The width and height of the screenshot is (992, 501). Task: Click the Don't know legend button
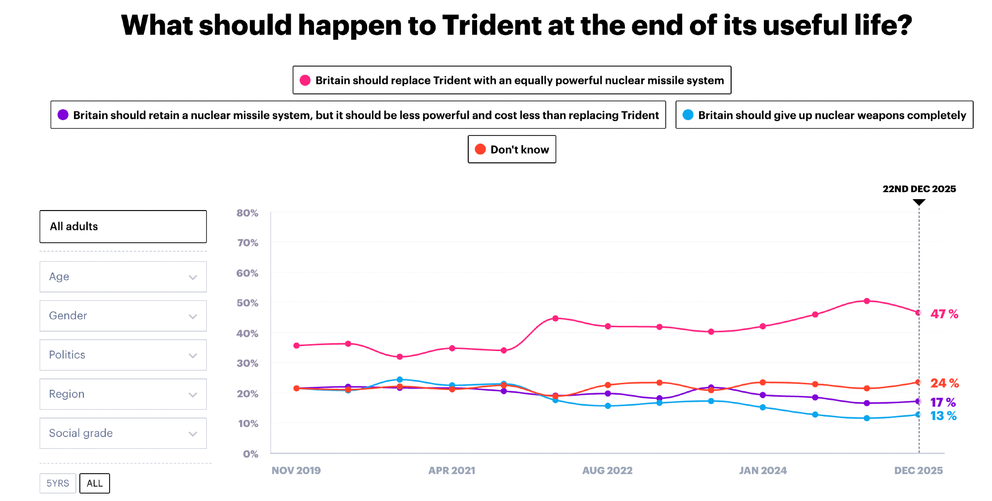(x=512, y=149)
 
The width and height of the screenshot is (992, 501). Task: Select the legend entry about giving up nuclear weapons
(x=824, y=115)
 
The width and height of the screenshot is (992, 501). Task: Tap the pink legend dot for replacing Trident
(x=305, y=80)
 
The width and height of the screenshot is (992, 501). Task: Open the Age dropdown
(x=123, y=277)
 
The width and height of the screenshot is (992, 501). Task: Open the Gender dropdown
(x=123, y=316)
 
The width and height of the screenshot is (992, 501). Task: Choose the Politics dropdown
(x=123, y=355)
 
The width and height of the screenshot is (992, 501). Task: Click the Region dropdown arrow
(x=193, y=395)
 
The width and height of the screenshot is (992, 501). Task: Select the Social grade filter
(x=123, y=433)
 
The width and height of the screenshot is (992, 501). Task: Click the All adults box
(x=123, y=226)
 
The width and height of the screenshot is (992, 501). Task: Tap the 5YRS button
(x=58, y=483)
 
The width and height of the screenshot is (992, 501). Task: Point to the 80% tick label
(x=247, y=213)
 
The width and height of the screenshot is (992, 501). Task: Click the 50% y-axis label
(x=247, y=303)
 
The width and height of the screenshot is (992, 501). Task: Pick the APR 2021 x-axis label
(x=451, y=470)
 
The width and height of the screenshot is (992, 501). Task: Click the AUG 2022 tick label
(x=607, y=470)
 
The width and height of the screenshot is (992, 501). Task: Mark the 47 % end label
(x=944, y=314)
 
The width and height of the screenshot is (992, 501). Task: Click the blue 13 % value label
(x=943, y=416)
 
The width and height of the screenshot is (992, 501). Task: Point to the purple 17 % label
(x=942, y=402)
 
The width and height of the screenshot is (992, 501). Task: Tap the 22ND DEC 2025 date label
(x=919, y=189)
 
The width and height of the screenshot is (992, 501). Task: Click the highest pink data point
(x=867, y=301)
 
